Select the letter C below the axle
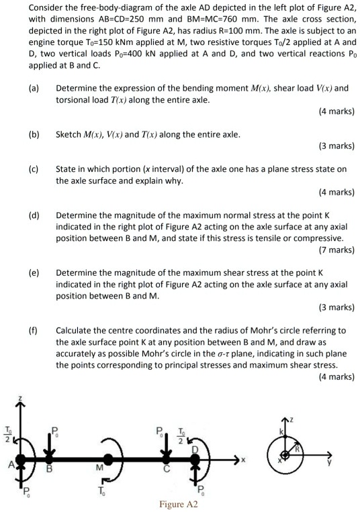[165, 469]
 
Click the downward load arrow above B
[49, 444]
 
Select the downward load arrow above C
[165, 444]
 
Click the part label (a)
[34, 89]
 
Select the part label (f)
[34, 330]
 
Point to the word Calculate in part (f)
[76, 330]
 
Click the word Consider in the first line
[28, 7]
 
